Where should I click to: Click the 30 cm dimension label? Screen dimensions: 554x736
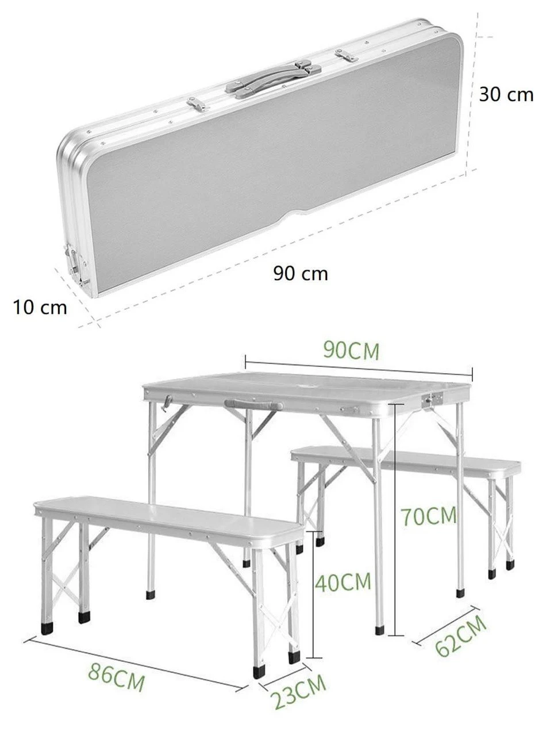click(x=506, y=94)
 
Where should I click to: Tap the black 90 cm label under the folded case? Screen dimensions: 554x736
click(x=301, y=273)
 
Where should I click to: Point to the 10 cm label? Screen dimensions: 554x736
click(x=40, y=307)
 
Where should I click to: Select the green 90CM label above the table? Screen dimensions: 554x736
click(x=351, y=351)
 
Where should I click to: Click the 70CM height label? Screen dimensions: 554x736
click(x=429, y=516)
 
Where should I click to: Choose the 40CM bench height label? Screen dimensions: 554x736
click(x=343, y=581)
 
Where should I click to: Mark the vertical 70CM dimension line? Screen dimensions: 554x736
click(x=395, y=519)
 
